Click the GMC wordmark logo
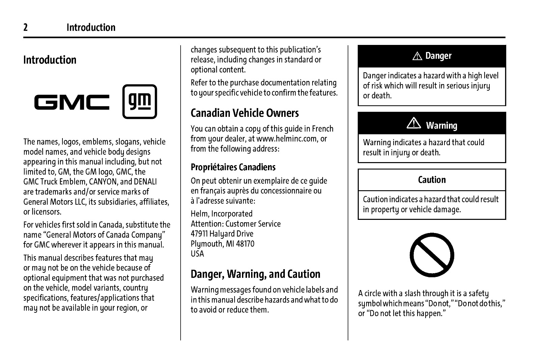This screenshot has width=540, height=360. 72,102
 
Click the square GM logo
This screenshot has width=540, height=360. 139,102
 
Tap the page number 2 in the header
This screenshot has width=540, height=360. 25,27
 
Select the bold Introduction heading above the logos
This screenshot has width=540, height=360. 50,60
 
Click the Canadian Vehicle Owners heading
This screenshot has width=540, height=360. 245,113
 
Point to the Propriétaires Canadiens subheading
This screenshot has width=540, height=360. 233,167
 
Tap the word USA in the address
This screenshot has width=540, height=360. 197,254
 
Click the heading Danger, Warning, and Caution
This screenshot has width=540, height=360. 255,274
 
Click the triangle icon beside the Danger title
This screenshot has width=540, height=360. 417,56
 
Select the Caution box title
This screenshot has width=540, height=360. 432,180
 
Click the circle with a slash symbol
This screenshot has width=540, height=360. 432,255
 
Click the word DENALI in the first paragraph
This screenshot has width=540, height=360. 145,182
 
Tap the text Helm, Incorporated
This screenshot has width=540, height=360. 221,214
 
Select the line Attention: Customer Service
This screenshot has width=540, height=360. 236,224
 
